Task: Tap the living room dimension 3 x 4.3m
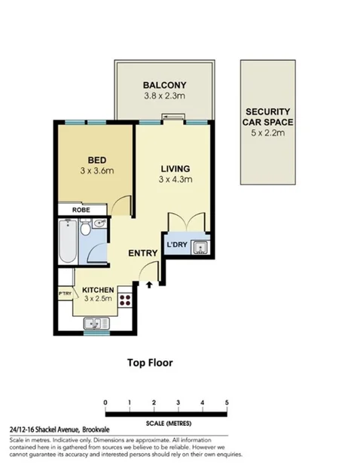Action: [175, 180]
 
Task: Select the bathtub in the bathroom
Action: [68, 241]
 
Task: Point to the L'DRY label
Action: [177, 245]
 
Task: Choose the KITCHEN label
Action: [98, 290]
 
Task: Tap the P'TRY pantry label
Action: [65, 293]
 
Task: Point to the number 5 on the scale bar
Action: [227, 403]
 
